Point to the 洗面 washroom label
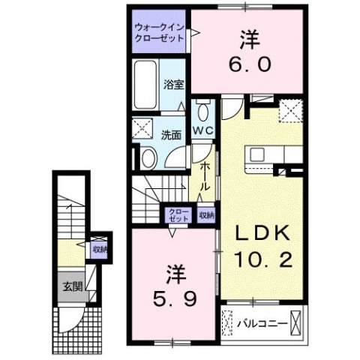pos(170,136)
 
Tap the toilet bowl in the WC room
pos(203,112)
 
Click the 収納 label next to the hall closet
pos(206,214)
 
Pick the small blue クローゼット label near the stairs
pos(178,214)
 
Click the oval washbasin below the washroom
pos(148,157)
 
